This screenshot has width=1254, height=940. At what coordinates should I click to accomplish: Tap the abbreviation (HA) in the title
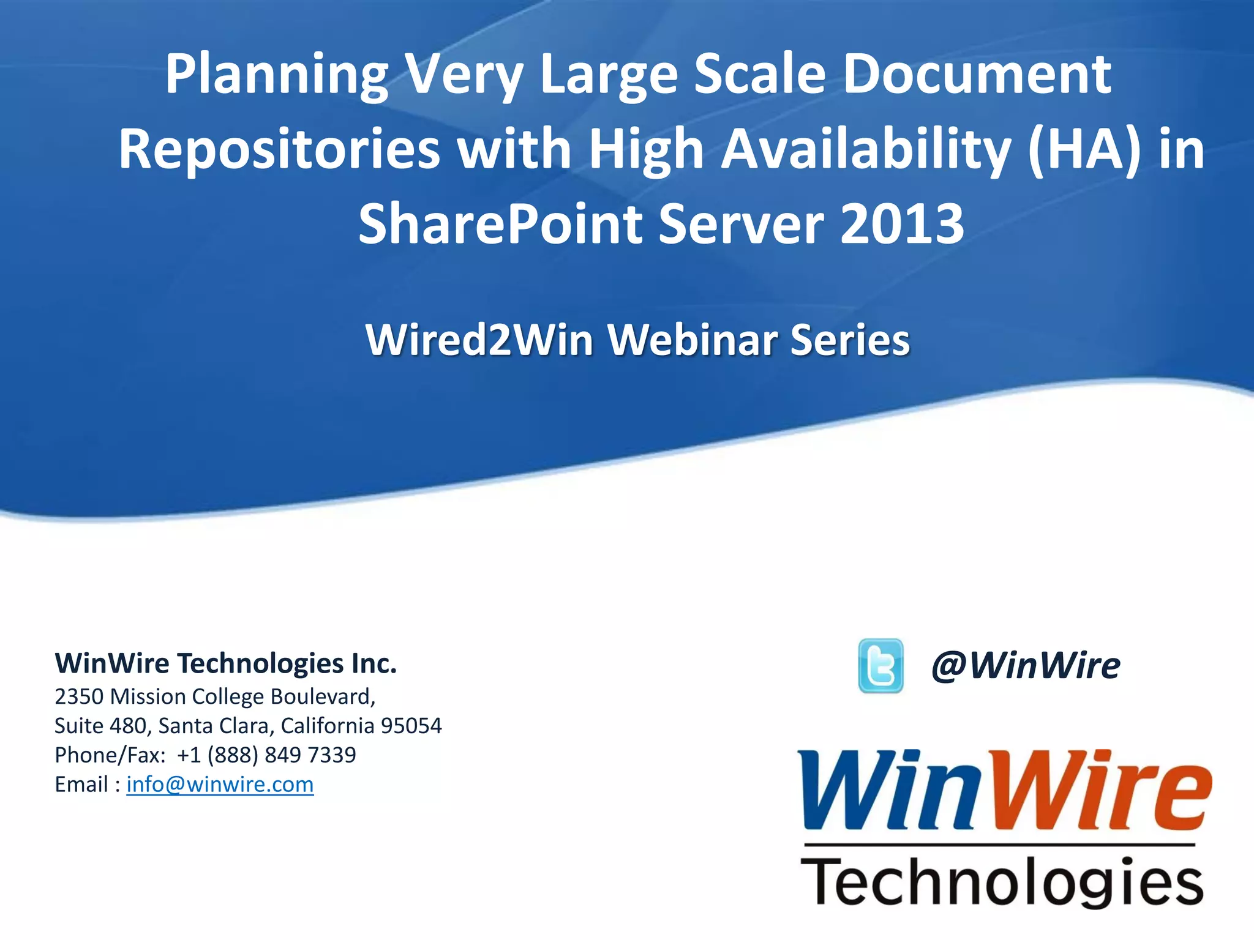[x=1084, y=149]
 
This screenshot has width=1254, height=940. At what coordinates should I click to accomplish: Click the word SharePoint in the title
[x=500, y=224]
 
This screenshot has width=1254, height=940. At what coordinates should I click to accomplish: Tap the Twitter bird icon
[x=880, y=665]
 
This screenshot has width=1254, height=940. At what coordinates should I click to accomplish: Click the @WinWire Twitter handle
[x=1026, y=665]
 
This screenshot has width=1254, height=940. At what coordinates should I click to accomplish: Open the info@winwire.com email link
[x=220, y=784]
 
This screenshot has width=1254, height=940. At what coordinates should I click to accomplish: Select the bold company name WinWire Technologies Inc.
[x=226, y=663]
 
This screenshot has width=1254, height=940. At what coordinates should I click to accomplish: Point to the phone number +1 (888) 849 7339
[x=266, y=755]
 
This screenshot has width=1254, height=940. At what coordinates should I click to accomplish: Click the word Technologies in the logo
[x=1002, y=882]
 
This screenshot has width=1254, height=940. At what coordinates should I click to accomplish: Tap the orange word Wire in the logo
[x=1102, y=791]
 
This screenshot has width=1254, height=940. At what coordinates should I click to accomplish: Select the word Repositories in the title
[x=279, y=149]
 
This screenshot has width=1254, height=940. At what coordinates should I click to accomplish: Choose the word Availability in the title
[x=866, y=149]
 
